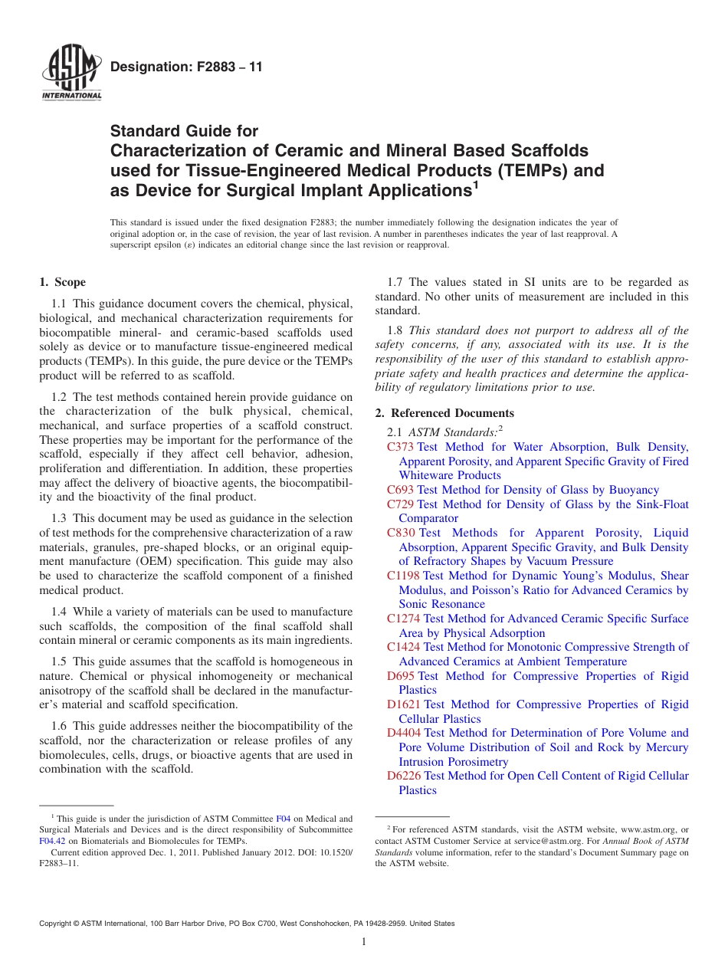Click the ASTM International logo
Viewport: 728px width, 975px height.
(x=71, y=72)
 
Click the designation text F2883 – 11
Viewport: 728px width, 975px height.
(x=186, y=67)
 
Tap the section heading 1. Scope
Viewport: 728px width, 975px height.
(x=63, y=282)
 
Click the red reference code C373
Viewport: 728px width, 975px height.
(x=400, y=447)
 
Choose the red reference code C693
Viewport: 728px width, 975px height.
(x=400, y=490)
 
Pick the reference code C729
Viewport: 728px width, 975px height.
(x=400, y=504)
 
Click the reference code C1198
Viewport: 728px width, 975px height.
(x=403, y=576)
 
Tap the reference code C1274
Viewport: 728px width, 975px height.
(x=403, y=619)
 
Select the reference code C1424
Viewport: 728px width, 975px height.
(x=403, y=647)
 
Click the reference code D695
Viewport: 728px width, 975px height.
(x=401, y=676)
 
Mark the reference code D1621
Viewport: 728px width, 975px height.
(x=404, y=704)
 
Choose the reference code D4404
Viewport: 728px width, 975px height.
(x=404, y=733)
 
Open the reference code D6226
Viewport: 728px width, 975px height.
(x=404, y=776)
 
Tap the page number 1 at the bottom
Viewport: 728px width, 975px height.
(x=364, y=941)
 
